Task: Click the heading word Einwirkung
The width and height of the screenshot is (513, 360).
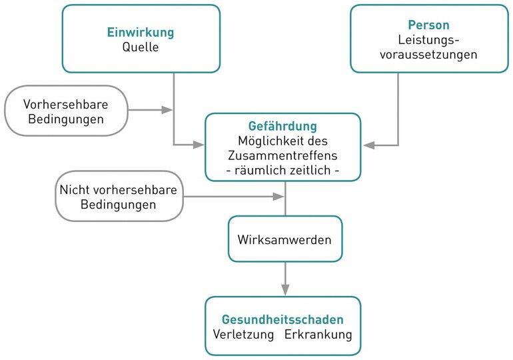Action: [x=141, y=32]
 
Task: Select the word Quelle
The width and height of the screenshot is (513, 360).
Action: [x=141, y=47]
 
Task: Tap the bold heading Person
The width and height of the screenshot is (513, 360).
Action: [x=428, y=25]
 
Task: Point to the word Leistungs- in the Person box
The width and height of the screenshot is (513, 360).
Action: [x=428, y=40]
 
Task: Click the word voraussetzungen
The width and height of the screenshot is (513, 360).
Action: [x=428, y=55]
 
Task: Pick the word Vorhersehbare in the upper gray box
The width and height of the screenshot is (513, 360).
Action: [x=65, y=105]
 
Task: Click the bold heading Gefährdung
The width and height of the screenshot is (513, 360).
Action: [x=282, y=126]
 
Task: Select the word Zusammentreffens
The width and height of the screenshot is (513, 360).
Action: [x=282, y=155]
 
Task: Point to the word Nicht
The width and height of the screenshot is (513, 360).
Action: [x=74, y=190]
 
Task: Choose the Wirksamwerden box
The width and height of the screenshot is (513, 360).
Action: [x=285, y=239]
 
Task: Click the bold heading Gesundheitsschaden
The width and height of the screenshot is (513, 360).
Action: [x=282, y=320]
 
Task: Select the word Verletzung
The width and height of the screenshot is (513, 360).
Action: [x=243, y=335]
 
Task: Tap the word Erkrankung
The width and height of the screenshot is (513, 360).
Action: [x=318, y=335]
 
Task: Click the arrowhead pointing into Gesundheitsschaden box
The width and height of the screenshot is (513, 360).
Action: [x=285, y=289]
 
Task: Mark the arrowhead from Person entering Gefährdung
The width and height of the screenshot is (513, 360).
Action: [x=368, y=145]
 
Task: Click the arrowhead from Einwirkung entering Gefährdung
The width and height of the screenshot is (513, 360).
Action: [x=199, y=144]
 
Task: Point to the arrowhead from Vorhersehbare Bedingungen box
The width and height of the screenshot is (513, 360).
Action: [x=167, y=109]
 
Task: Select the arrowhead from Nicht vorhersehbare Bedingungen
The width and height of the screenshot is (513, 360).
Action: [x=278, y=196]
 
